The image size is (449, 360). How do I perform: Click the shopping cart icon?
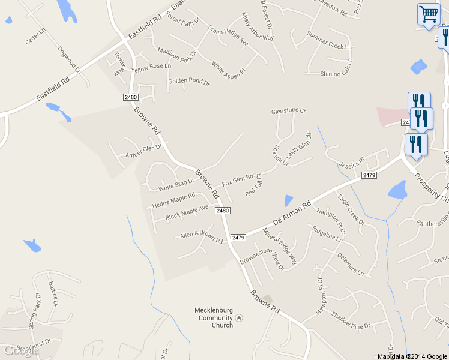click(x=428, y=14)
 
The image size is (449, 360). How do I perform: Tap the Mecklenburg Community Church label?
click(x=214, y=318)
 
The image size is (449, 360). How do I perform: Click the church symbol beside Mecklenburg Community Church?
click(x=239, y=318)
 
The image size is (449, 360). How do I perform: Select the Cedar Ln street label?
click(x=35, y=38)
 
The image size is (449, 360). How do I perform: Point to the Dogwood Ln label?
click(x=70, y=61)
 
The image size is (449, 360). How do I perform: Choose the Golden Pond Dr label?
click(x=188, y=81)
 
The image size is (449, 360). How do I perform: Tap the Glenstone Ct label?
click(x=289, y=111)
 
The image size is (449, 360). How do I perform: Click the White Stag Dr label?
click(x=176, y=184)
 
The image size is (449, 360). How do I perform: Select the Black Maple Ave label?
click(x=187, y=212)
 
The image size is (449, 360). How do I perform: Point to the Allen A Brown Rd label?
click(x=201, y=237)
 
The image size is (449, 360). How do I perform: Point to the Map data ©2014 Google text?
click(x=412, y=356)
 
